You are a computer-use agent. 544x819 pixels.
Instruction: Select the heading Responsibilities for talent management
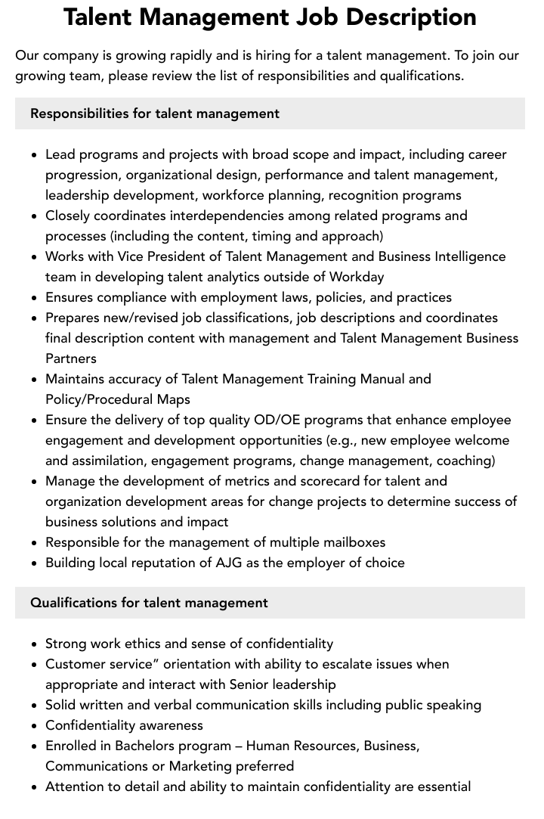pyautogui.click(x=155, y=113)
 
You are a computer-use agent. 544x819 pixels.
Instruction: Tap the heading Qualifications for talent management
pyautogui.click(x=149, y=603)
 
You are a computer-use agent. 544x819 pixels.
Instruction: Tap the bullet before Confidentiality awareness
pyautogui.click(x=35, y=726)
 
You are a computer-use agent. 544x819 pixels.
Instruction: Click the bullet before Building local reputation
pyautogui.click(x=35, y=563)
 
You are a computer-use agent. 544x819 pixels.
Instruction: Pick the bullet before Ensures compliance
pyautogui.click(x=35, y=298)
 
